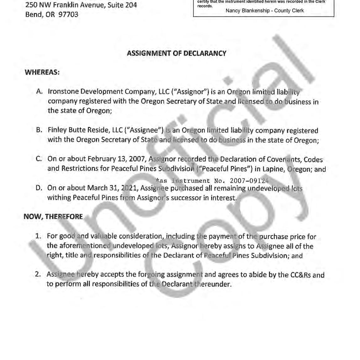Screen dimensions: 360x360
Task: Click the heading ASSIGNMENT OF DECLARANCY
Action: pos(176,53)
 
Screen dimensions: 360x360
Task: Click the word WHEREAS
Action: pos(42,72)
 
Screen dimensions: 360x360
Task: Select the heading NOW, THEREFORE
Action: pos(53,217)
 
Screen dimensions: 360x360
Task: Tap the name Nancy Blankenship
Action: pos(248,11)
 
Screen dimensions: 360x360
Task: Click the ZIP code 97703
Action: pos(68,14)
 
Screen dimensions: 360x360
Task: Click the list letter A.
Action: pos(39,92)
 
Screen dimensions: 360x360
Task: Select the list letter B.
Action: pos(39,130)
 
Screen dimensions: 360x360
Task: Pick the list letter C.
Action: pos(39,159)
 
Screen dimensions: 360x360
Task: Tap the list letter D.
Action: pos(39,188)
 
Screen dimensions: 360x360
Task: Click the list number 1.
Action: pos(38,236)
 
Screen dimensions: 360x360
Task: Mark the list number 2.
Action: pos(38,274)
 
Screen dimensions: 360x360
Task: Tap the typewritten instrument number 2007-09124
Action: pos(249,181)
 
